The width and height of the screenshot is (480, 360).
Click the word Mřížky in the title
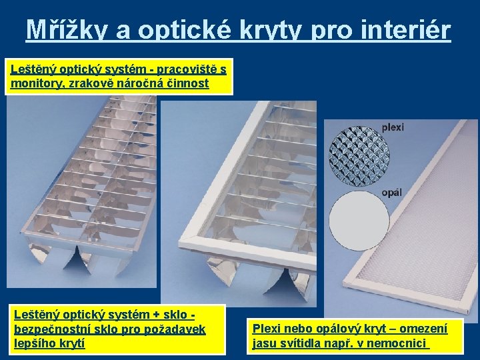point(67,29)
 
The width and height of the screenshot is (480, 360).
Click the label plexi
point(393,127)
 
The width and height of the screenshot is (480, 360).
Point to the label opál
point(392,193)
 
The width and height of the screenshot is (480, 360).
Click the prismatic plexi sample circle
point(359,155)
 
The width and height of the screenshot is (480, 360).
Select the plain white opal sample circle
point(359,221)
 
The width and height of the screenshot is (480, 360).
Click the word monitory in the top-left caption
point(38,83)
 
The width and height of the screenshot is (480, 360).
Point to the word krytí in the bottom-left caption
point(74,343)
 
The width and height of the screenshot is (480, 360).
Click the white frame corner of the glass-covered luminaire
point(182,243)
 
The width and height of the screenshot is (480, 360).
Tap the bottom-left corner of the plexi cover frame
point(345,285)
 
